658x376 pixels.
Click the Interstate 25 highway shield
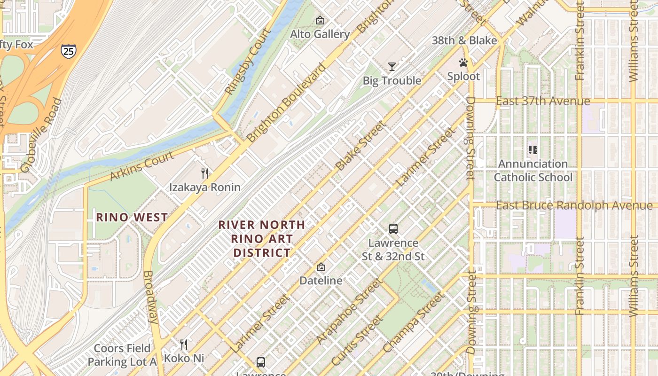pyautogui.click(x=68, y=51)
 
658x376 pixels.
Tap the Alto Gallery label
pyautogui.click(x=320, y=34)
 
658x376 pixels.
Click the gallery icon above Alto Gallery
pyautogui.click(x=320, y=20)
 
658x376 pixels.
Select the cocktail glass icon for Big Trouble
pyautogui.click(x=392, y=67)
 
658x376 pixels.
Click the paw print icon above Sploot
pyautogui.click(x=463, y=63)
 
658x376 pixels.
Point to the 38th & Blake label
pyautogui.click(x=464, y=40)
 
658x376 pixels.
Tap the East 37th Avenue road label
pyautogui.click(x=543, y=101)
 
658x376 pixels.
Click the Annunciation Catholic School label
pyautogui.click(x=533, y=171)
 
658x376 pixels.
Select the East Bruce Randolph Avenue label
pyautogui.click(x=574, y=205)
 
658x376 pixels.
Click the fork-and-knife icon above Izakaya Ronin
pyautogui.click(x=205, y=173)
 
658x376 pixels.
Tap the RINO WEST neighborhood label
pyautogui.click(x=132, y=217)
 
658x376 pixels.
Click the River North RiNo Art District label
pyautogui.click(x=262, y=239)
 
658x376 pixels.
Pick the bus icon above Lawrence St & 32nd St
pyautogui.click(x=393, y=229)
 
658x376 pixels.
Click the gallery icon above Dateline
pyautogui.click(x=321, y=267)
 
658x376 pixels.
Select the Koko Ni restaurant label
pyautogui.click(x=184, y=358)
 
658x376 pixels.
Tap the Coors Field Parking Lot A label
pyautogui.click(x=122, y=355)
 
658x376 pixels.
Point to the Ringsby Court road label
pyautogui.click(x=248, y=62)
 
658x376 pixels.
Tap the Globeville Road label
pyautogui.click(x=41, y=135)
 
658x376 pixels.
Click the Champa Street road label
pyautogui.click(x=413, y=322)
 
